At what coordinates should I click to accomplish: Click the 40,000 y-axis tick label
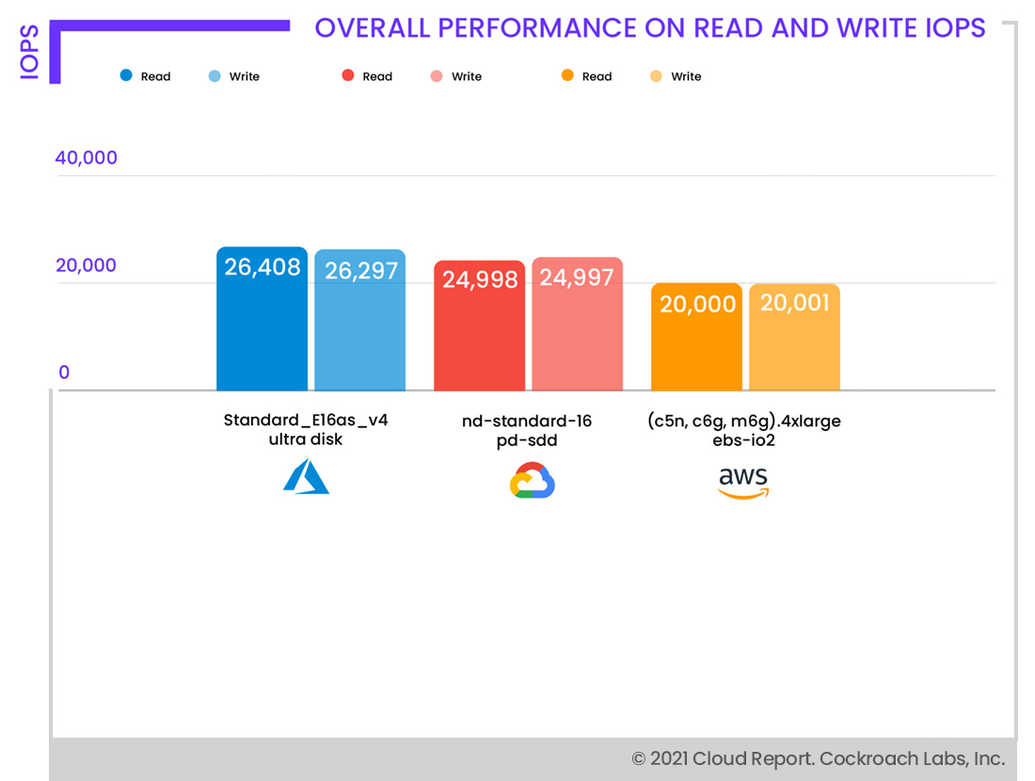tap(87, 158)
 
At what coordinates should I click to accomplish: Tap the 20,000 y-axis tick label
tap(87, 265)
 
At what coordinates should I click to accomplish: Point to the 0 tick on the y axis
tap(64, 373)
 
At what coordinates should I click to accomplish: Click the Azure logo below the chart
tap(306, 477)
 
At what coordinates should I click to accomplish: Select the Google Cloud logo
tap(533, 480)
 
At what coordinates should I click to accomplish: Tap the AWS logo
tap(743, 482)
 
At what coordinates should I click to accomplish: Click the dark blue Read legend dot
tap(126, 75)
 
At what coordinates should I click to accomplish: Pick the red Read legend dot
tap(348, 75)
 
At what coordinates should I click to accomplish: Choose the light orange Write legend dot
tap(656, 75)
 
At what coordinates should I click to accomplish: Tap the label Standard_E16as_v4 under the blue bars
tap(306, 421)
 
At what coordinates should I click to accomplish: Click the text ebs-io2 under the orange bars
tap(743, 439)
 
